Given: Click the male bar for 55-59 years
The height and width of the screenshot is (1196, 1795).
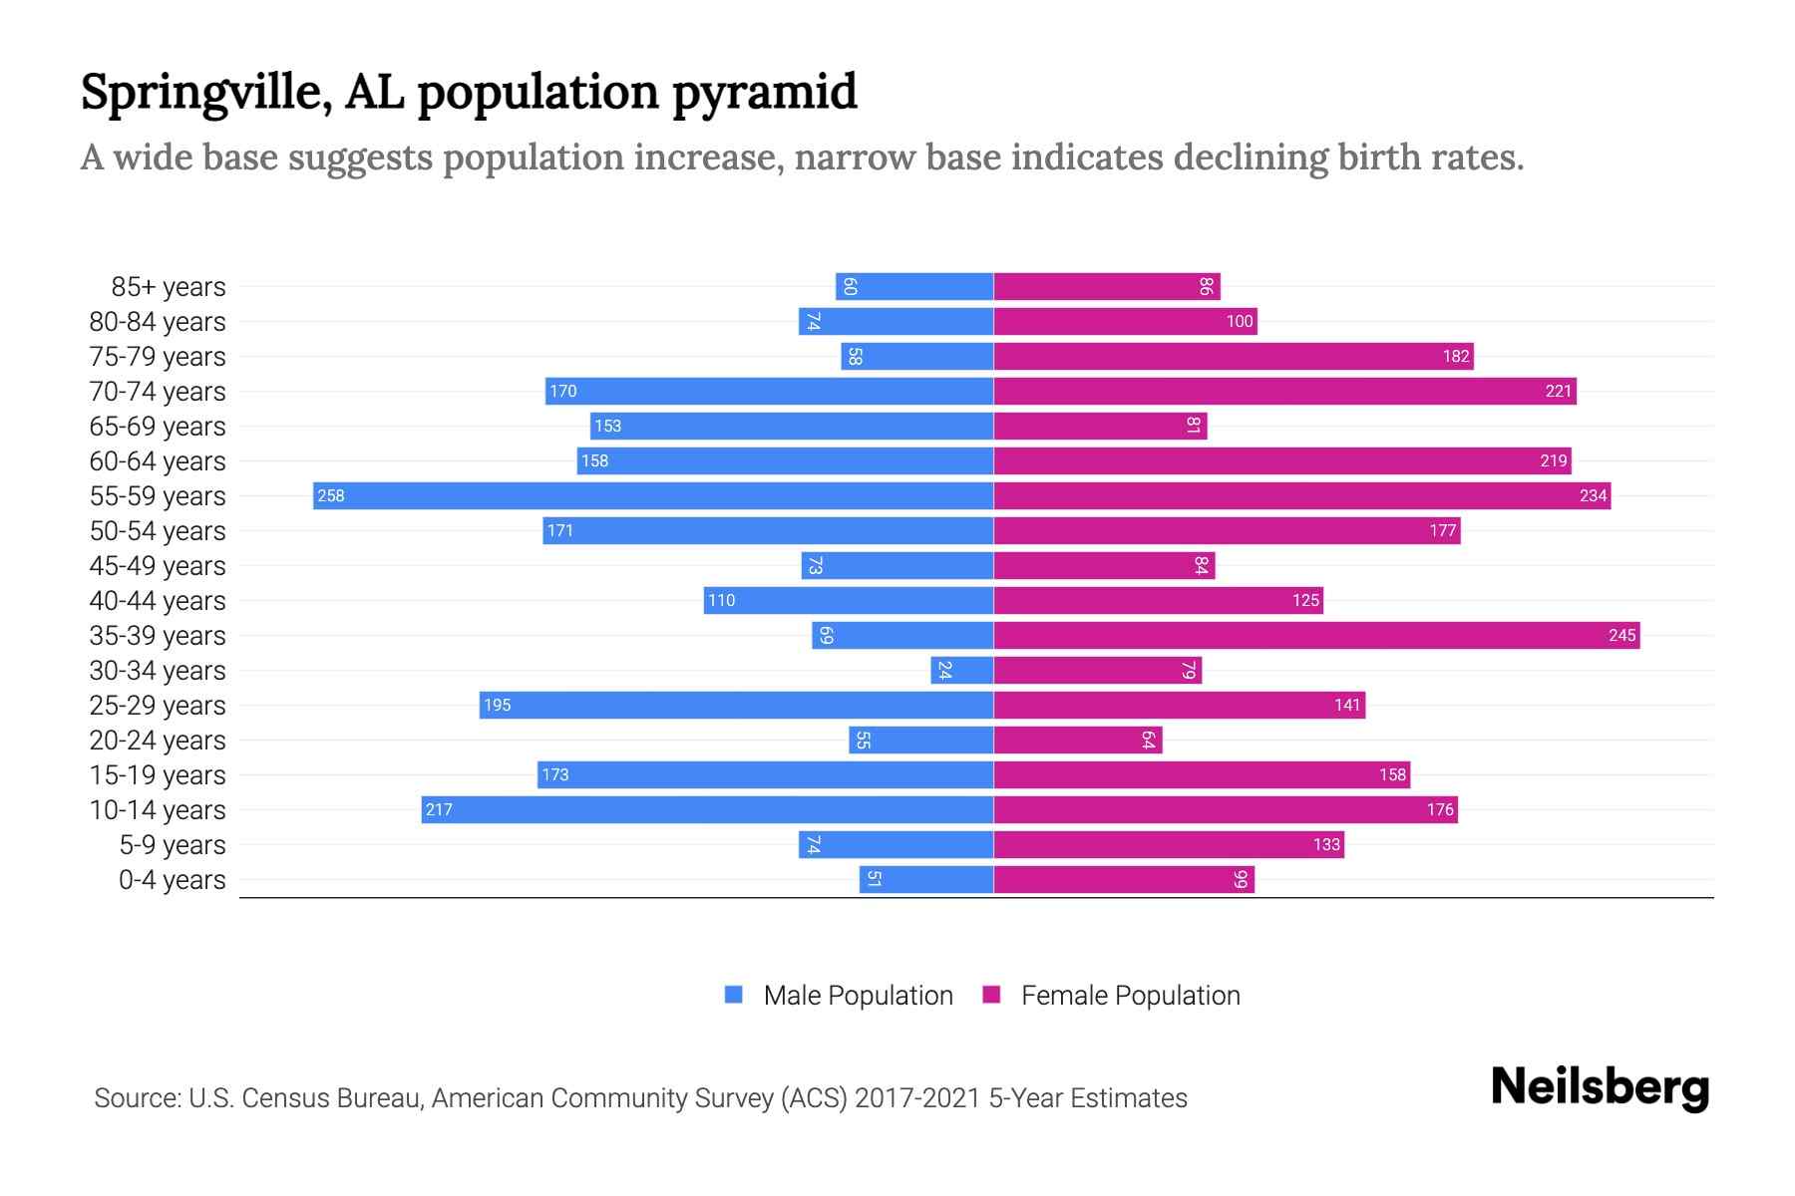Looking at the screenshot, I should (653, 495).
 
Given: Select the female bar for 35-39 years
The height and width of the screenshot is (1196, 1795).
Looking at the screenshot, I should (1316, 635).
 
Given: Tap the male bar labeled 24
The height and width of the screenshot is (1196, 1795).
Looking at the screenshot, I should (962, 670).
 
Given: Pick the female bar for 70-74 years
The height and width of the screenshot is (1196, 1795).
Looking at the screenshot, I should (1284, 391).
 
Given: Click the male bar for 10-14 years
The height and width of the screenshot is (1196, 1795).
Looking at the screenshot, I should (707, 809).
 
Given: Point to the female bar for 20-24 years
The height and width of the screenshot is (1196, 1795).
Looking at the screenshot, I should (1078, 740).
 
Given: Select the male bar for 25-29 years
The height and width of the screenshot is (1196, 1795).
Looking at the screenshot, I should (736, 705).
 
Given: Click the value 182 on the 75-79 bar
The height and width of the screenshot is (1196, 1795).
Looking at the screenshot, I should (1456, 356).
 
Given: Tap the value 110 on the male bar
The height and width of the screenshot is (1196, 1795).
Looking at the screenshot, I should (721, 600).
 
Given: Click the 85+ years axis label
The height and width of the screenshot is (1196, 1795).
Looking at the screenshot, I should (168, 287).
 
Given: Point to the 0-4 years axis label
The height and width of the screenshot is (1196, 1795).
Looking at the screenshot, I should (172, 880).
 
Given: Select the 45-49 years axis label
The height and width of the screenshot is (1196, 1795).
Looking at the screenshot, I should (158, 566).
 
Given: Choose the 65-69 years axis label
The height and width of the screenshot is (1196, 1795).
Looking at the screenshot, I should (158, 427).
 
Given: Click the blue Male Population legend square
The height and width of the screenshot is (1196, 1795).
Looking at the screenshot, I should (734, 995).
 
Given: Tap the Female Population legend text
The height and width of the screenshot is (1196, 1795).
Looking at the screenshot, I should (1130, 995).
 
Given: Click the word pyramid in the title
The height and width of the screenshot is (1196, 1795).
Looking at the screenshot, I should (764, 93).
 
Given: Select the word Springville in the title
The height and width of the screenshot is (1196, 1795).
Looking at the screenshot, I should (206, 93).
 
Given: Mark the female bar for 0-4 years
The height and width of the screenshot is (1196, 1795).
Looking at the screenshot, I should (1124, 879).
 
